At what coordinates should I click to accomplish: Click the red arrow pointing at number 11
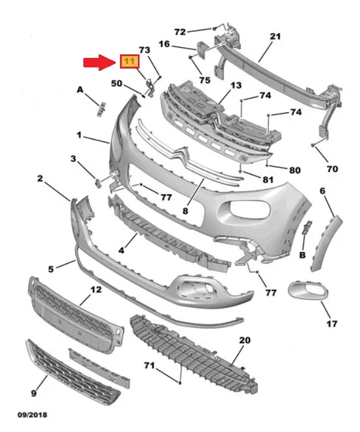tap(99, 61)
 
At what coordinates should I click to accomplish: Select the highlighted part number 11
tap(129, 61)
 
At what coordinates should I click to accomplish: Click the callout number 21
tap(275, 37)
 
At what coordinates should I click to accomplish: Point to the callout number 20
tap(244, 340)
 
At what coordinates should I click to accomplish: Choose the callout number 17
tap(332, 323)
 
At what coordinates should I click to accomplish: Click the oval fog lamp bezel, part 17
tap(308, 291)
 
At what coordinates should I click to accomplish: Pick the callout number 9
tap(34, 392)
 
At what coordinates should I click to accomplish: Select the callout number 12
tap(95, 290)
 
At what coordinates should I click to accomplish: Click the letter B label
tap(302, 255)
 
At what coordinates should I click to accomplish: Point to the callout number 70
tap(332, 168)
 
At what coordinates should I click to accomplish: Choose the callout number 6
tap(323, 191)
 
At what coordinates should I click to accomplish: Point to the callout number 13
tap(236, 85)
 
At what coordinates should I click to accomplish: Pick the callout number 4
tap(121, 250)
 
